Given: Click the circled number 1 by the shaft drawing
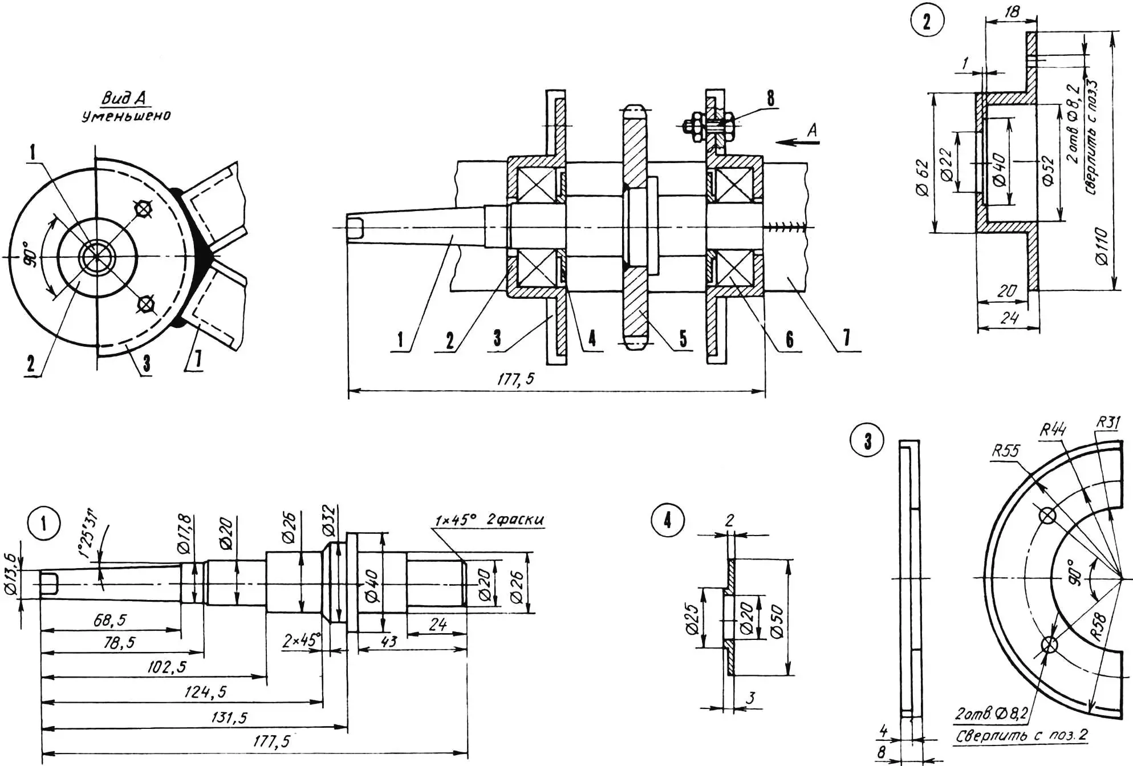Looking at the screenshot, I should [44, 523].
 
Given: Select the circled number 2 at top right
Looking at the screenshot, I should [927, 21].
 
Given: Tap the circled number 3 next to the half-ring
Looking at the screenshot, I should [867, 441].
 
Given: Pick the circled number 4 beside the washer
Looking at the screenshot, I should [667, 520].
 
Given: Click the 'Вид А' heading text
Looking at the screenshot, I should [124, 98].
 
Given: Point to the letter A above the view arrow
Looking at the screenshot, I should [812, 130].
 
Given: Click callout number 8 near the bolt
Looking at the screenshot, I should [770, 98].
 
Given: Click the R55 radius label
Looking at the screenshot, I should [1006, 451].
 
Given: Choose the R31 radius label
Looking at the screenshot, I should [1108, 423].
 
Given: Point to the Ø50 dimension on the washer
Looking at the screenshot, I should [777, 621].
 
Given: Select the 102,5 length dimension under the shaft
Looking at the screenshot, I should [167, 667].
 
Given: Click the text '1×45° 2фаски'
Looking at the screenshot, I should [489, 520].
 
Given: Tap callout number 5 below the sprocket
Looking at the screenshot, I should [683, 339].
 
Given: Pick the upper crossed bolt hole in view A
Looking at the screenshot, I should [143, 209].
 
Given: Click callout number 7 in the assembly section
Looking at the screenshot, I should [846, 338].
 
